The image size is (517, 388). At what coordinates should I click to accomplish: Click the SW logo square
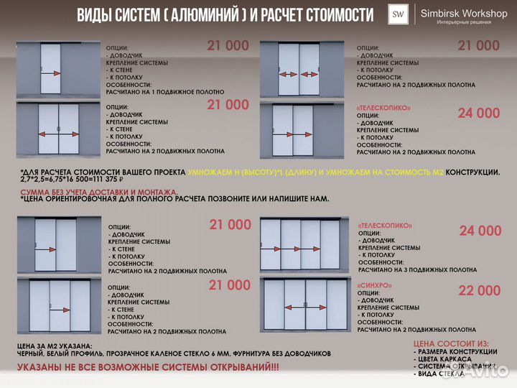[396, 14]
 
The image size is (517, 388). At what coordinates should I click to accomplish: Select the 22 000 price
[479, 290]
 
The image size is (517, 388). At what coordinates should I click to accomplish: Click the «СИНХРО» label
[374, 285]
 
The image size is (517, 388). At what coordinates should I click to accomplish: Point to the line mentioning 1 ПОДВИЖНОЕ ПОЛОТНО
[165, 92]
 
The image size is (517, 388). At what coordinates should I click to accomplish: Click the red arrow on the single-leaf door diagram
[50, 73]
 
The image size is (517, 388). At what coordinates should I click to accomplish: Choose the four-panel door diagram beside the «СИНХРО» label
[305, 305]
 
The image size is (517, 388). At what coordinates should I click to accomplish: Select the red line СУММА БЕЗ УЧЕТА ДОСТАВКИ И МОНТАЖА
[99, 193]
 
